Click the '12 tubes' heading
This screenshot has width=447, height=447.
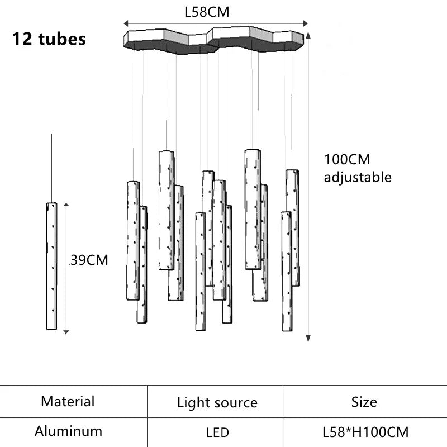(49, 39)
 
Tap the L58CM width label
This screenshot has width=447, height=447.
(207, 12)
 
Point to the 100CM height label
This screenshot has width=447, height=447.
(347, 159)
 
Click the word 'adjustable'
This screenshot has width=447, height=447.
(358, 178)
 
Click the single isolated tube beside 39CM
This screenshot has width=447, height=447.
(52, 265)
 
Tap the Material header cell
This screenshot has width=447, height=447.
(68, 401)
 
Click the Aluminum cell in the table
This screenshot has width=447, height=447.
(68, 431)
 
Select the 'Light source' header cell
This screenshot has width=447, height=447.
(217, 402)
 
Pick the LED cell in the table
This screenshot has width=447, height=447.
(217, 432)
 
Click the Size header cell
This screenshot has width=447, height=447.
(364, 402)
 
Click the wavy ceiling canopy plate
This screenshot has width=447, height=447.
(213, 41)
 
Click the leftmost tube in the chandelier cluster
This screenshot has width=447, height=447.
(133, 240)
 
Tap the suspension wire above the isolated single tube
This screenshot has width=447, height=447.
(52, 168)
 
